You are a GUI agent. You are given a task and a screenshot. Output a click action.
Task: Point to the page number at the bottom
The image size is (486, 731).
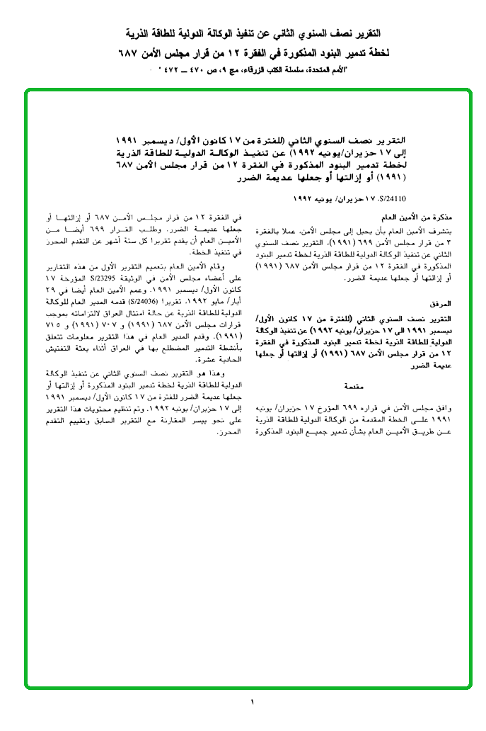coord(251,702)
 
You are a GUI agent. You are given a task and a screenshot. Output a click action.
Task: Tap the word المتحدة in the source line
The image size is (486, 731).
coord(322,71)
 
